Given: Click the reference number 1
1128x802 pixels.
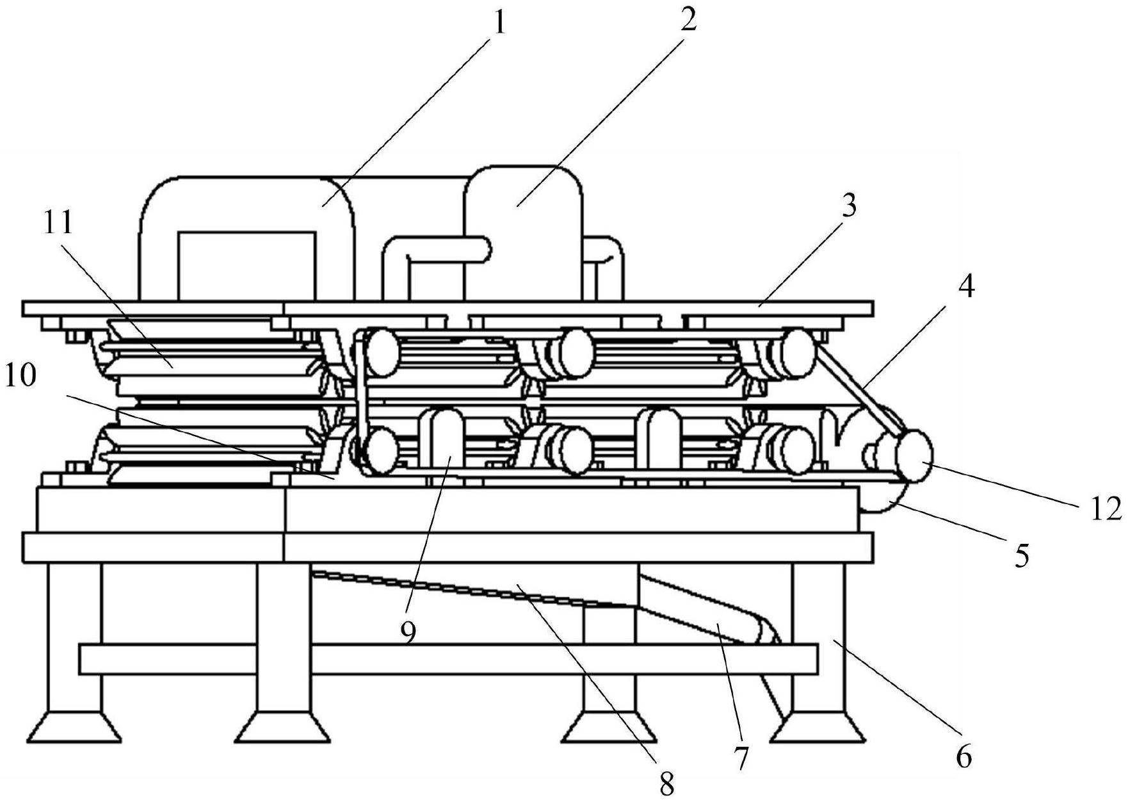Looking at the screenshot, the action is (498, 24).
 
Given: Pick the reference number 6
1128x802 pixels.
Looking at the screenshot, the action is (963, 757).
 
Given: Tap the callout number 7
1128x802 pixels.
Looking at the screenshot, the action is (741, 757).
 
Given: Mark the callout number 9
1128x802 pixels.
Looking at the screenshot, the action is (408, 631).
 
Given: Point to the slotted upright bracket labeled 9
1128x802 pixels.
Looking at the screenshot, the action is (441, 442).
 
